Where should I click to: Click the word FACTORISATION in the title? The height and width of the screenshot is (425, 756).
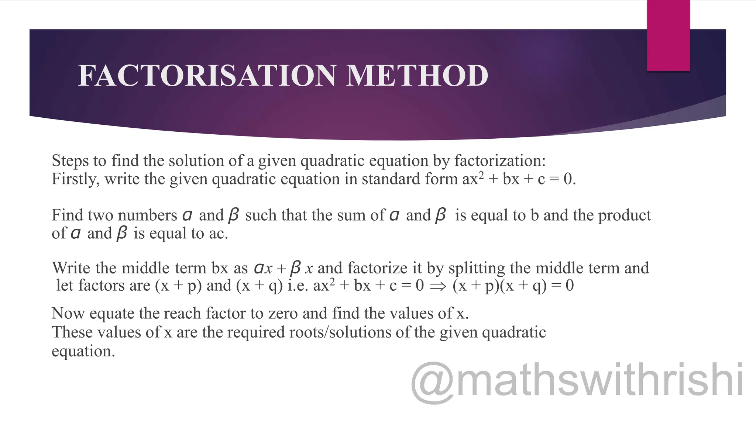pyautogui.click(x=207, y=76)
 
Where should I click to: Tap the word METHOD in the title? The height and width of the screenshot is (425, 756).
pyautogui.click(x=417, y=76)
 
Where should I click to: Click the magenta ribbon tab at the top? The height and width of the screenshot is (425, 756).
pyautogui.click(x=668, y=35)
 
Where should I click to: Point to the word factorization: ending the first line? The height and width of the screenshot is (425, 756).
pyautogui.click(x=500, y=161)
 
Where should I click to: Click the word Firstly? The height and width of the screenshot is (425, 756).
pyautogui.click(x=75, y=179)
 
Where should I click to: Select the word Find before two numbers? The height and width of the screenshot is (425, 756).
pyautogui.click(x=66, y=215)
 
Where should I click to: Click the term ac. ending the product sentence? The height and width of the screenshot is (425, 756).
pyautogui.click(x=218, y=233)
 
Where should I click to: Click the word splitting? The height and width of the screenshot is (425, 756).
pyautogui.click(x=477, y=268)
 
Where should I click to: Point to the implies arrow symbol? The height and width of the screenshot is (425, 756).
pyautogui.click(x=438, y=286)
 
